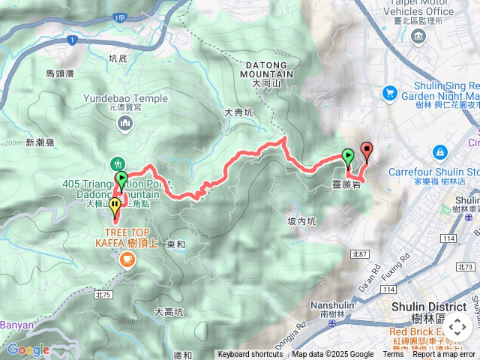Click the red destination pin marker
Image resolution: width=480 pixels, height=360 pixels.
(x=367, y=149)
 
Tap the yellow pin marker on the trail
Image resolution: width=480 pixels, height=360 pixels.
(x=115, y=205)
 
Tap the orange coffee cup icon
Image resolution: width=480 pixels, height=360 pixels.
(x=126, y=259)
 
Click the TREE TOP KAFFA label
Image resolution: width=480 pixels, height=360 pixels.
(x=125, y=237)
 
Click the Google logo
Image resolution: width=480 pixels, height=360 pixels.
(x=28, y=349)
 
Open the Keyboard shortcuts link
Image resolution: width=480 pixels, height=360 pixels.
(x=250, y=355)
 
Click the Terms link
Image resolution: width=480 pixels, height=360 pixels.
(x=393, y=355)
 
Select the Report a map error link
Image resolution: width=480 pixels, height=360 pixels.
(x=444, y=355)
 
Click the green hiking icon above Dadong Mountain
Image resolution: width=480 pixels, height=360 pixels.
(x=117, y=163)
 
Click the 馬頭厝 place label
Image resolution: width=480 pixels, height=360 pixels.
(x=60, y=73)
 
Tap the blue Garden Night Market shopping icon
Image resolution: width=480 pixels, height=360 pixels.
(x=389, y=92)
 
